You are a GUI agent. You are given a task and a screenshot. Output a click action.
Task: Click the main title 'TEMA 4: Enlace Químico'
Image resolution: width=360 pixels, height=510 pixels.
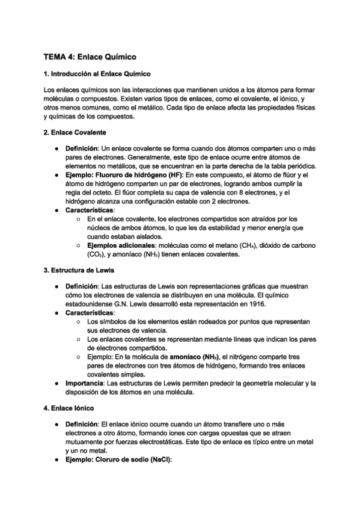pyautogui.click(x=90, y=57)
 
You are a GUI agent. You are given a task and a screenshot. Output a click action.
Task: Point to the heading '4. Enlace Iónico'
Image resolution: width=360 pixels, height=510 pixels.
pyautogui.click(x=70, y=408)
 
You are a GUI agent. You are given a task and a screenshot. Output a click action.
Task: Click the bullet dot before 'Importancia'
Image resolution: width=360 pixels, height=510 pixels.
pyautogui.click(x=55, y=383)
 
